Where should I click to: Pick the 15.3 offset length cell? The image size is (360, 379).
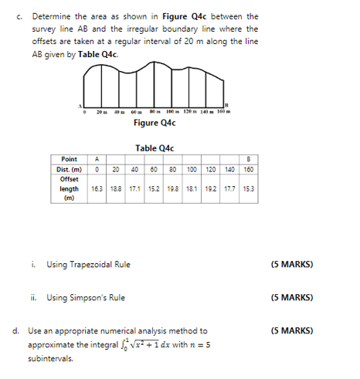click(x=246, y=188)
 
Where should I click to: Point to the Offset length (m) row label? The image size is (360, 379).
click(x=69, y=188)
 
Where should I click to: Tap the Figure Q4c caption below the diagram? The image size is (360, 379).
click(x=155, y=123)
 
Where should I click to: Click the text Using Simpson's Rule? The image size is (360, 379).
click(x=86, y=297)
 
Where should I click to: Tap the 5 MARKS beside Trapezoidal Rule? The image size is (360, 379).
click(x=291, y=265)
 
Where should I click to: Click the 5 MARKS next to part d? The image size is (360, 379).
click(x=291, y=330)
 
